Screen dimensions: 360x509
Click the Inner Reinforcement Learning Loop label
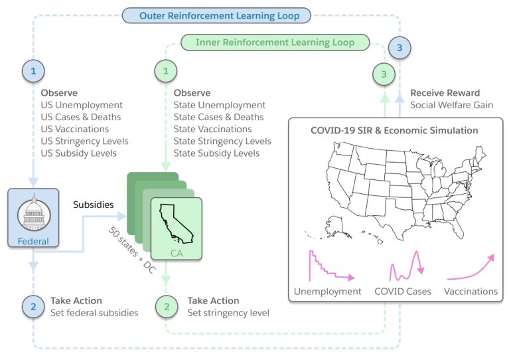[x=275, y=43]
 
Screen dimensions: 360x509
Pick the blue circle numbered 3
[x=400, y=47]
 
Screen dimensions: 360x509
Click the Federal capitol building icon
[x=33, y=214]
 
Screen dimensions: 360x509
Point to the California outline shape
[x=174, y=224]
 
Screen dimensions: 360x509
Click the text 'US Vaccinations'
[x=74, y=130]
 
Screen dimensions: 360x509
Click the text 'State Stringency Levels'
[x=222, y=141]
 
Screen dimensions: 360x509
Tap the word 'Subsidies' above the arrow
[x=93, y=205]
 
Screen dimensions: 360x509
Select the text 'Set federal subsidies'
[x=94, y=312]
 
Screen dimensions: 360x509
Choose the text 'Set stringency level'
[x=228, y=312]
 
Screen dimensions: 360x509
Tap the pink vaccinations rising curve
[x=471, y=268]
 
